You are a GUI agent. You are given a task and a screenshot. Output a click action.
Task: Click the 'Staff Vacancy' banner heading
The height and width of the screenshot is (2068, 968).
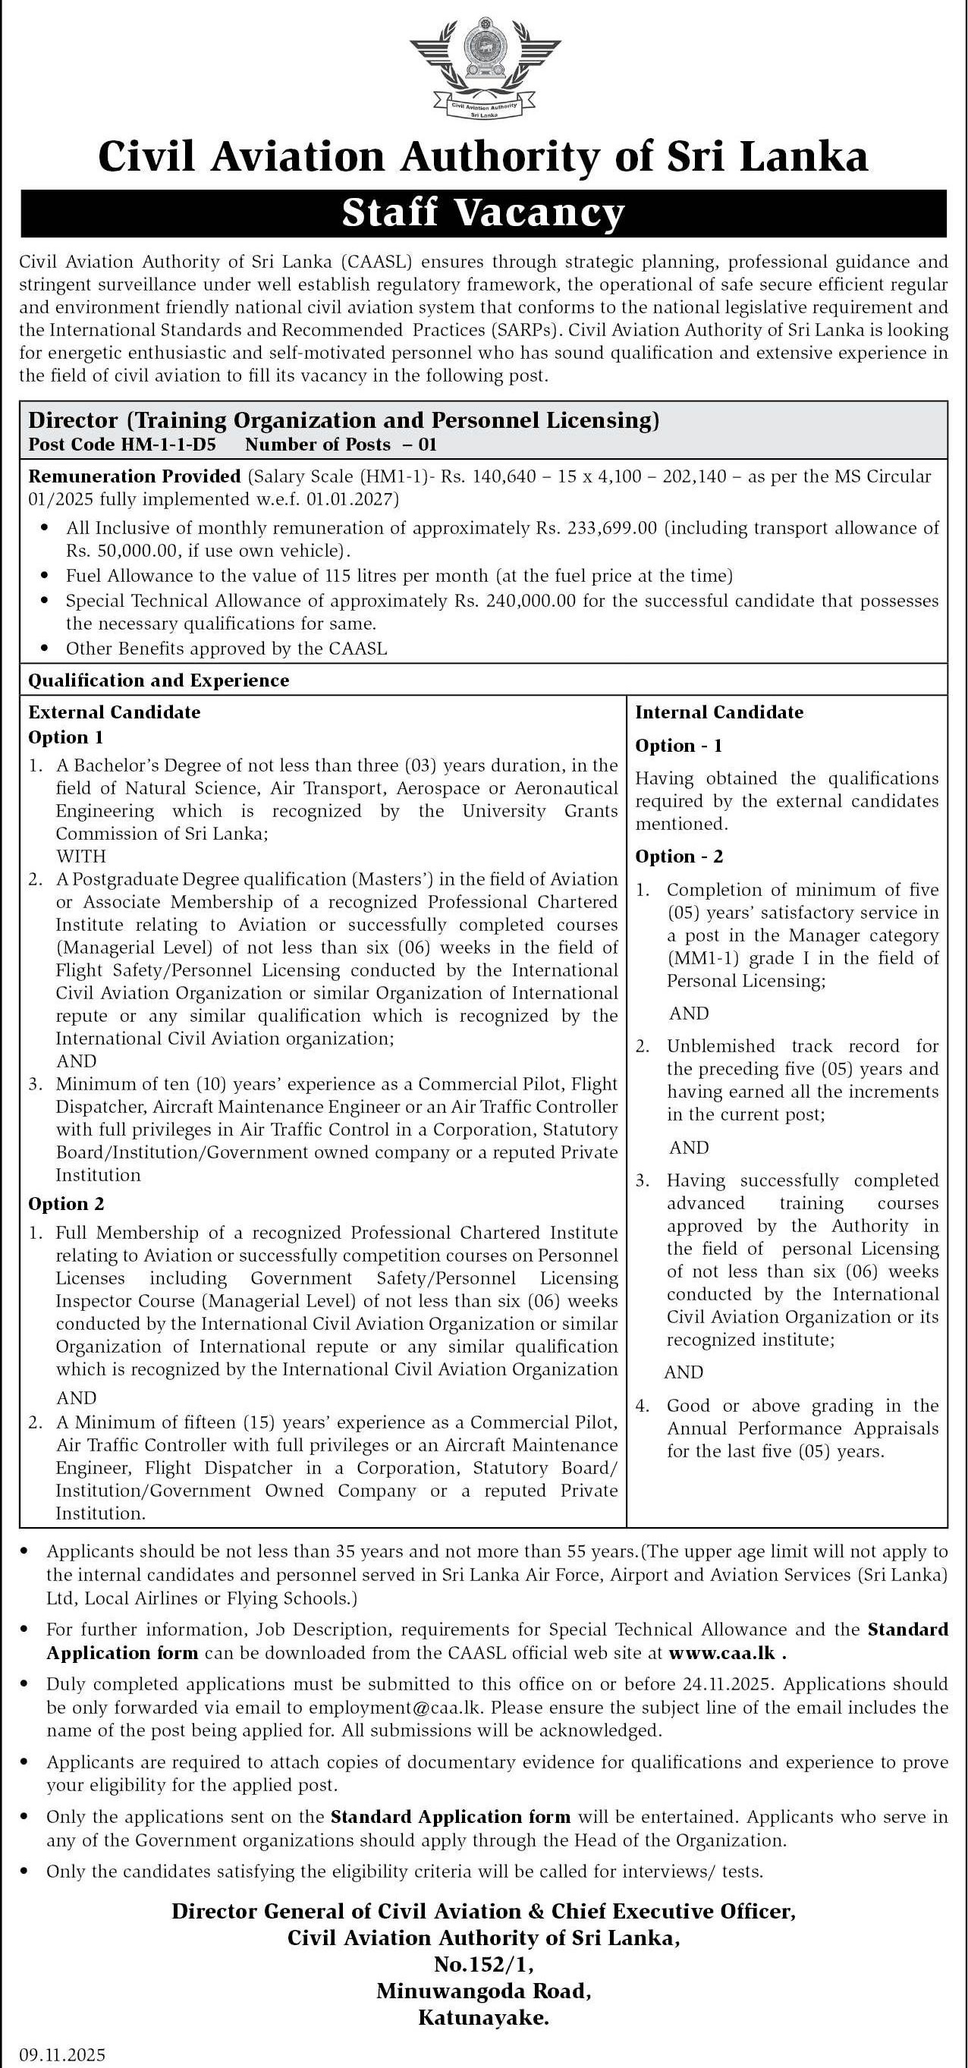tap(483, 213)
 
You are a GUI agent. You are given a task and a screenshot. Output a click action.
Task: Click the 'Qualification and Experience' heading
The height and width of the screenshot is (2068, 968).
tap(158, 680)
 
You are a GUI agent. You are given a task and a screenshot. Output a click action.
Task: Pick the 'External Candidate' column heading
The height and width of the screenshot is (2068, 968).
tap(114, 712)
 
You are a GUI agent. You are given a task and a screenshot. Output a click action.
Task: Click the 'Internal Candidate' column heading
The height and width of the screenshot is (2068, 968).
tap(719, 712)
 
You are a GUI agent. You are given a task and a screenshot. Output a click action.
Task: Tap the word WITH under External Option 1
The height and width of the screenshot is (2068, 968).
tap(81, 856)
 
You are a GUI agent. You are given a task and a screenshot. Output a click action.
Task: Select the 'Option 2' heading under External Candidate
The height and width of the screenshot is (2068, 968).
tap(66, 1203)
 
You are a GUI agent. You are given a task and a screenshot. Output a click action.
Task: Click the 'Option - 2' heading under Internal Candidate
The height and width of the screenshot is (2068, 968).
tap(679, 856)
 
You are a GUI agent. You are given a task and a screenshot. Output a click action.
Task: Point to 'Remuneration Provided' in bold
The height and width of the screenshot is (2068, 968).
tap(134, 476)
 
